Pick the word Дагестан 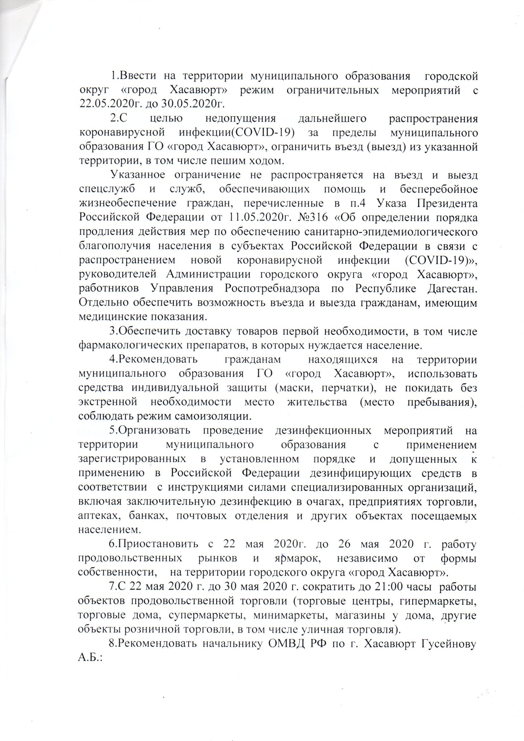click(x=452, y=288)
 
